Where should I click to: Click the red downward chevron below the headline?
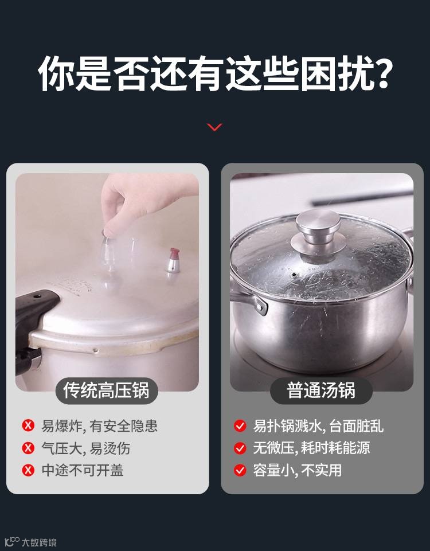(214, 127)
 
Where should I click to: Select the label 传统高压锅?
(107, 390)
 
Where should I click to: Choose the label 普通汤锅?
(321, 390)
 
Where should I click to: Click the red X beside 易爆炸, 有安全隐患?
(28, 425)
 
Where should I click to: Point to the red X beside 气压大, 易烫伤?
(28, 448)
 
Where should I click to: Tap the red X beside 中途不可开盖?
(28, 470)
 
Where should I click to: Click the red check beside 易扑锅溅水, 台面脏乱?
(240, 426)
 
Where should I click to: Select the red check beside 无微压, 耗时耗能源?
(240, 448)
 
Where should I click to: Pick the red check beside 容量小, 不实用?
(240, 470)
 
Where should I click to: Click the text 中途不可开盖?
(83, 470)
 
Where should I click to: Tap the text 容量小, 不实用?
(298, 470)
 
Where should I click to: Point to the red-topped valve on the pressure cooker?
(173, 260)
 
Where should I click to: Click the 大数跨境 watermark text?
(39, 542)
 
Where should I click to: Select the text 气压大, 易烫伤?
(86, 448)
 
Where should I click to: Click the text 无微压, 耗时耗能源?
(312, 448)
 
